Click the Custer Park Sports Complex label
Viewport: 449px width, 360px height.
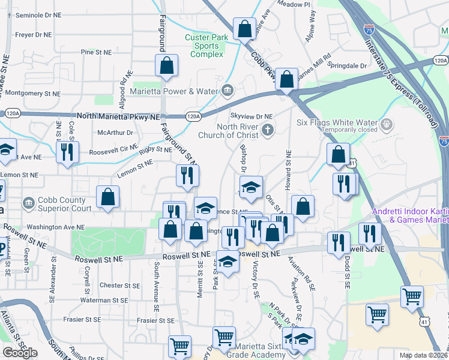(206, 46)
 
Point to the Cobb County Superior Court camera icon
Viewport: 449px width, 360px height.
(28, 203)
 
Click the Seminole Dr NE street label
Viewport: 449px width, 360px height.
(38, 14)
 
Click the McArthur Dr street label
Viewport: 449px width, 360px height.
(114, 133)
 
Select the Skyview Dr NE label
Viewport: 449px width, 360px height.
(252, 116)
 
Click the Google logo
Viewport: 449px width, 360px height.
(20, 352)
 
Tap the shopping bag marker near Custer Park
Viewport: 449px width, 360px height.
(245, 29)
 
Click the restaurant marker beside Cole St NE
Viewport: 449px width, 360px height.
(67, 152)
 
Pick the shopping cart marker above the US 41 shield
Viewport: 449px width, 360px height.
(412, 296)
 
